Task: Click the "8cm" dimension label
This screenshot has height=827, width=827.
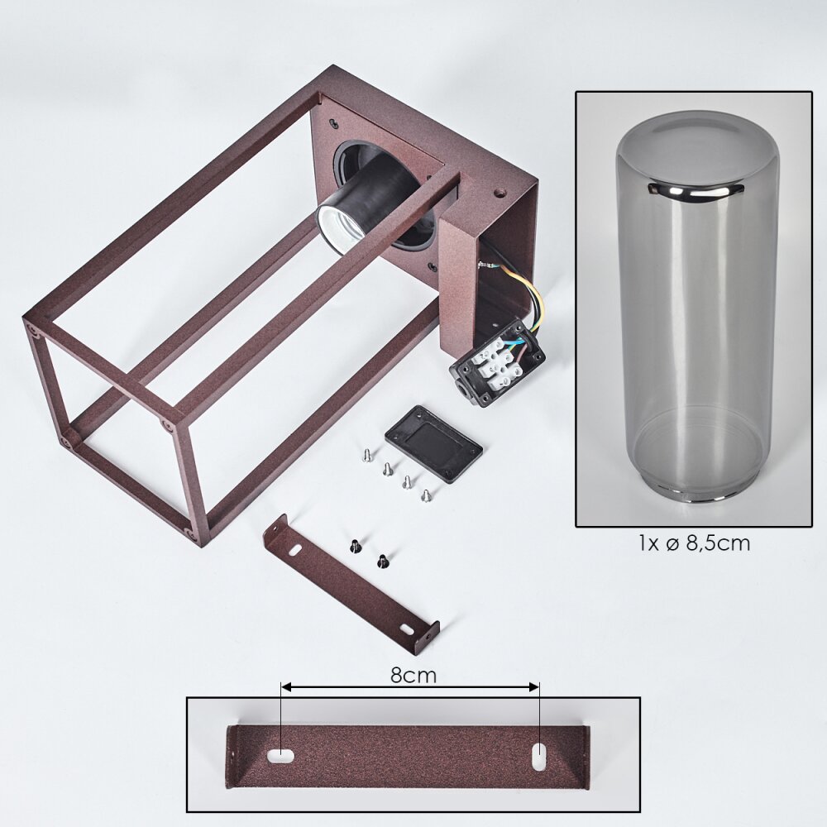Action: coord(413,675)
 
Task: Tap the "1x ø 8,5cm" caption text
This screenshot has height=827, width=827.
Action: coord(694,543)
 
